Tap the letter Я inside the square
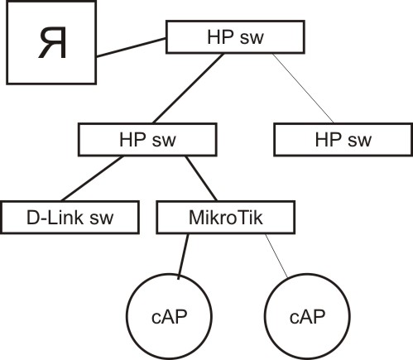[52, 42]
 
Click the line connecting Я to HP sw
[131, 47]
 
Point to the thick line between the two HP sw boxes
[188, 89]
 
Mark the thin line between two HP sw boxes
[303, 89]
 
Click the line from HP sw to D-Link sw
[92, 179]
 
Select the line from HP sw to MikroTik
[201, 179]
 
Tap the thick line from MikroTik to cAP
[184, 257]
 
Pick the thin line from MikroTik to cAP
[276, 256]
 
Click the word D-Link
[55, 218]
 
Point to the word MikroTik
[226, 218]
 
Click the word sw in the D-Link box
[102, 218]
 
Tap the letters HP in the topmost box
[220, 37]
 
